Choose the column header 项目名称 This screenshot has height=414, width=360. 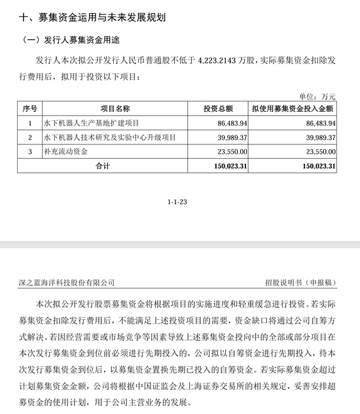pos(115,108)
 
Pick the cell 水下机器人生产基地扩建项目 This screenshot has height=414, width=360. pos(91,122)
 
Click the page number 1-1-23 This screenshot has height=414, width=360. pos(178,204)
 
